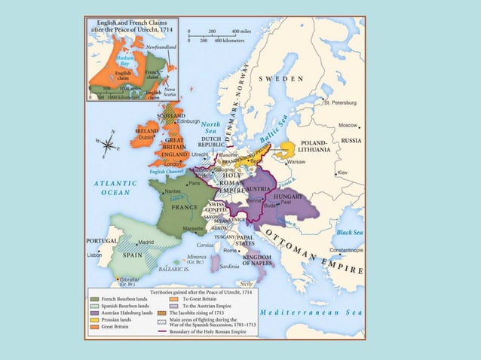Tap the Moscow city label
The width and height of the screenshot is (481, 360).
[x=348, y=125]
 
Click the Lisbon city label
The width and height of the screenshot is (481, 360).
[x=94, y=255]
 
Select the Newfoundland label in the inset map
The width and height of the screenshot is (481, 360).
[x=162, y=46]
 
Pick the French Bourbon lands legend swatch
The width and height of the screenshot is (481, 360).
[x=94, y=298]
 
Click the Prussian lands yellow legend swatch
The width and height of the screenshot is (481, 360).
[x=94, y=319]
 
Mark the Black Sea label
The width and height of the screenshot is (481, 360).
[x=351, y=232]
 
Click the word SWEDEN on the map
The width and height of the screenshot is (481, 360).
[x=281, y=78]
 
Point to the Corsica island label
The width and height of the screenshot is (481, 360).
[x=206, y=245]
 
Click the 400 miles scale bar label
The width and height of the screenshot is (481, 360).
[x=240, y=32]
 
